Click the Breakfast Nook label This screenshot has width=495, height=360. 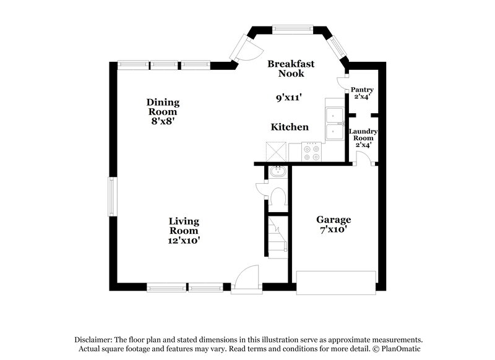tap(291, 68)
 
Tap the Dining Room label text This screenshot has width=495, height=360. tap(163, 107)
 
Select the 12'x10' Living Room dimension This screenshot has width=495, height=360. tap(184, 240)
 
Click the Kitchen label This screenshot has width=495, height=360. tap(290, 127)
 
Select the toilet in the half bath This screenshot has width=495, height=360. tap(277, 197)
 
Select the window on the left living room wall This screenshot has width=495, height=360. tap(112, 197)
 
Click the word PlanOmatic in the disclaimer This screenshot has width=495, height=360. tap(400, 349)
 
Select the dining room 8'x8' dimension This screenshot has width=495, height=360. tap(162, 122)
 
